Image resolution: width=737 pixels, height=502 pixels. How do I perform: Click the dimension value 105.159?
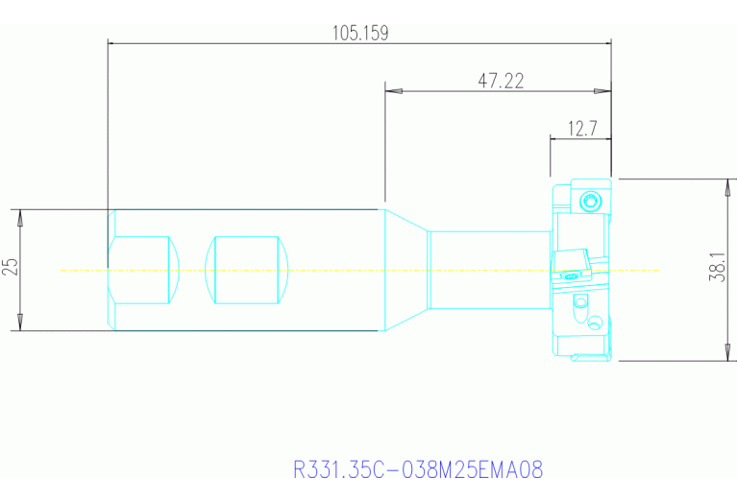pyautogui.click(x=359, y=33)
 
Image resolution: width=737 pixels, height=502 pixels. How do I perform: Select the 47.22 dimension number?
pyautogui.click(x=501, y=82)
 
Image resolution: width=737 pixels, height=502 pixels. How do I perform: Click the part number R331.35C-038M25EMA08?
pyautogui.click(x=418, y=470)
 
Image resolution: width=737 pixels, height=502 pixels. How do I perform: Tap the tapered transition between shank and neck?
pyautogui.click(x=405, y=269)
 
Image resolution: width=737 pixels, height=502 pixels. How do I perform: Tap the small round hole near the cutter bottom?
pyautogui.click(x=579, y=301)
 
